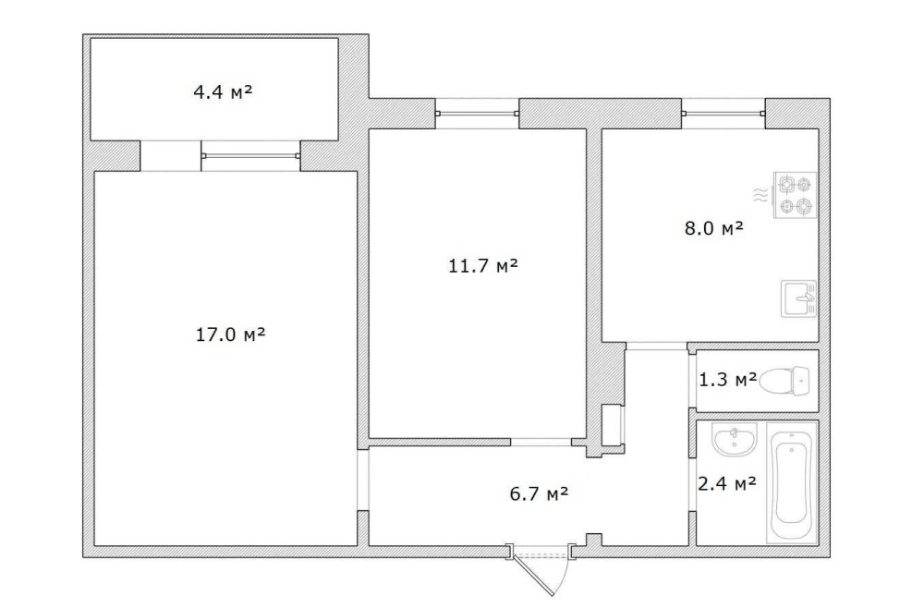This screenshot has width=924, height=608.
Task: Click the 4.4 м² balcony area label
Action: click(x=223, y=92)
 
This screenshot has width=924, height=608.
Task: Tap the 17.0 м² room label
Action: click(x=230, y=334)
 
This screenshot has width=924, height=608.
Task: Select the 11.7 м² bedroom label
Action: click(x=483, y=266)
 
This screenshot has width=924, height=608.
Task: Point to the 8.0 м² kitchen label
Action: click(x=713, y=228)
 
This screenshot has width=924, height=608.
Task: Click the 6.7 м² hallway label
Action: click(x=539, y=493)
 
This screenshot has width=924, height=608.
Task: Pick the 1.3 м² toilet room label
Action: click(x=728, y=380)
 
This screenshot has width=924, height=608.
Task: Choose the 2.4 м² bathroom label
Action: click(x=726, y=483)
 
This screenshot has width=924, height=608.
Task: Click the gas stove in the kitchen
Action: click(x=795, y=194)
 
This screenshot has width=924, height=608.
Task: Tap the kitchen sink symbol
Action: click(x=798, y=298)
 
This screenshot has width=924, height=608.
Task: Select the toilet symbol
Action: click(x=785, y=381)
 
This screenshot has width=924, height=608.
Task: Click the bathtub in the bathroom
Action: click(x=792, y=482)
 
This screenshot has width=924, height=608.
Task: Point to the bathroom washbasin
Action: click(x=734, y=439)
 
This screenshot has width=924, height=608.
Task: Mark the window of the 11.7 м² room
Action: click(x=478, y=113)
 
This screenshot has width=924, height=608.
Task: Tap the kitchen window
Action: click(x=723, y=113)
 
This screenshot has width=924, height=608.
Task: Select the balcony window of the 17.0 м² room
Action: click(x=250, y=156)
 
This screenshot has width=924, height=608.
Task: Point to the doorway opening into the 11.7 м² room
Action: click(x=541, y=442)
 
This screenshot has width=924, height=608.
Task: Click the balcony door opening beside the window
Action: click(x=170, y=156)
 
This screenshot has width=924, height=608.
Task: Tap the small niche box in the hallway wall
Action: click(x=613, y=424)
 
